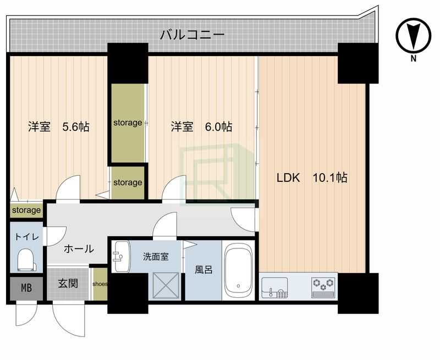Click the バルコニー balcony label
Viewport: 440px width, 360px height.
point(192,36)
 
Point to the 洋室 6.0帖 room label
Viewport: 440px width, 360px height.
point(201,127)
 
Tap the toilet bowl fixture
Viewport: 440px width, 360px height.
point(26,259)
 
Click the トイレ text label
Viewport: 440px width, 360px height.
point(26,237)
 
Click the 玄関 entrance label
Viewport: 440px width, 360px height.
point(68,284)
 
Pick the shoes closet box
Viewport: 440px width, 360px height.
point(100,284)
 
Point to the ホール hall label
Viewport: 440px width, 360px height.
point(79,249)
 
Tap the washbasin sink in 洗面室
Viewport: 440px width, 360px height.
point(119,257)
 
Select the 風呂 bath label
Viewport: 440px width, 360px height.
point(203,270)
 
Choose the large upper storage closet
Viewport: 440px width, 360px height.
point(128,123)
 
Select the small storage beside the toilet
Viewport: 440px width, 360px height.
point(26,210)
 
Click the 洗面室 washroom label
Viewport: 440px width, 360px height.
point(155,256)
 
